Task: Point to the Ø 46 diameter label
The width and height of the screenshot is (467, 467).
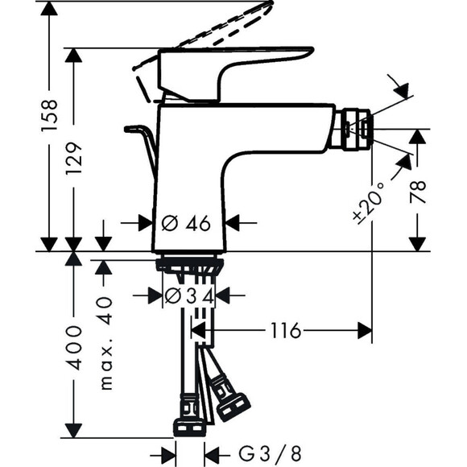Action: click(x=186, y=224)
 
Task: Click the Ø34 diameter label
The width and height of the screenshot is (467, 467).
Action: click(x=189, y=295)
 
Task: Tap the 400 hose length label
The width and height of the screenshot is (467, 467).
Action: click(x=73, y=348)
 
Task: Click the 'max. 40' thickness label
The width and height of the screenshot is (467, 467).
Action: click(x=105, y=341)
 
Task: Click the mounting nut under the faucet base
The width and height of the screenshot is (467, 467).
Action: click(x=189, y=263)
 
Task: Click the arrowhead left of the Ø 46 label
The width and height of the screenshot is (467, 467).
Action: click(x=146, y=224)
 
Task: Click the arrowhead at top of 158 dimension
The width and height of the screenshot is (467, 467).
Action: click(x=49, y=8)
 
